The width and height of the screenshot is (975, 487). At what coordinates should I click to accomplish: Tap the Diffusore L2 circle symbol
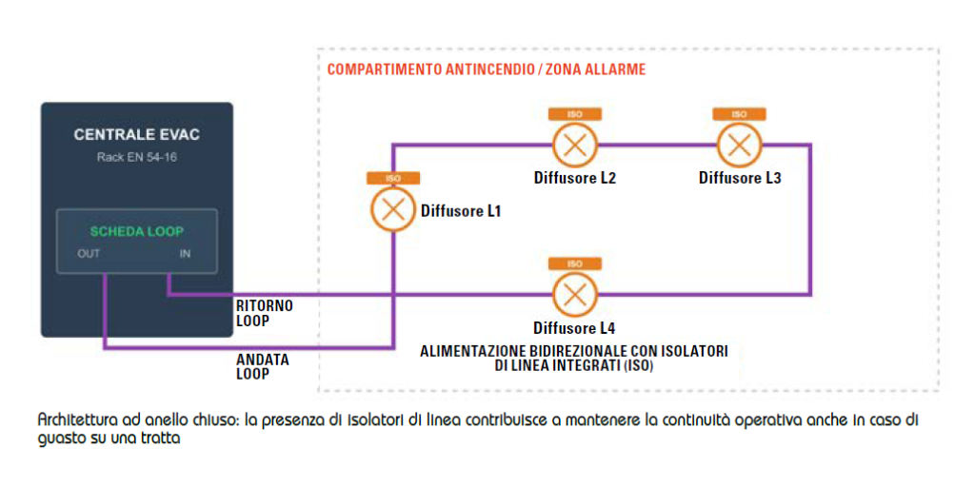tap(574, 145)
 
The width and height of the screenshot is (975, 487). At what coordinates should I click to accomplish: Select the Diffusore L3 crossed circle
tap(739, 145)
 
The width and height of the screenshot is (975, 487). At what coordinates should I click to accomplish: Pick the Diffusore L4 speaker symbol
tap(574, 295)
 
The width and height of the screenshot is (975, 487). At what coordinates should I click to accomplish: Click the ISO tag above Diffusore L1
tap(393, 178)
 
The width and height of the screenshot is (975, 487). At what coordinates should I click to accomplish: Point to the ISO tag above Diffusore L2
tap(574, 114)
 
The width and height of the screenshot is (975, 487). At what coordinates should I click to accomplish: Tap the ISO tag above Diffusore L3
tap(739, 114)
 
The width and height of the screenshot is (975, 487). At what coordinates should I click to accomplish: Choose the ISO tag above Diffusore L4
tap(574, 264)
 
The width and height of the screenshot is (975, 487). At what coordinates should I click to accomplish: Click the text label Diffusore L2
tap(574, 178)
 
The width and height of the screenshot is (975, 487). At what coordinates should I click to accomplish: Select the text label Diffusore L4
tap(574, 327)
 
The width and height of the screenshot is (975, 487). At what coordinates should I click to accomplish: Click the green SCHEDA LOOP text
tap(137, 232)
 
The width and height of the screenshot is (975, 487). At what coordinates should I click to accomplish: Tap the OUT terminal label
tap(89, 253)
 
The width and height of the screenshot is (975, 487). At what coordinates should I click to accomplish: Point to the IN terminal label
tap(186, 253)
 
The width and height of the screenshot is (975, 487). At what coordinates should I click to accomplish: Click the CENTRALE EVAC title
tap(137, 135)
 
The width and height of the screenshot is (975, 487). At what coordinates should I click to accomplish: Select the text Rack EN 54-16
tap(137, 157)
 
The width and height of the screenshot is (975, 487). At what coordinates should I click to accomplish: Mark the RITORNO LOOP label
tap(265, 314)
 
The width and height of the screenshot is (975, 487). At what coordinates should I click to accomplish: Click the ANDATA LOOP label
tap(263, 367)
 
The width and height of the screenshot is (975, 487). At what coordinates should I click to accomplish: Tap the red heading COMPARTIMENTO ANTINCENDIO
tap(429, 68)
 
